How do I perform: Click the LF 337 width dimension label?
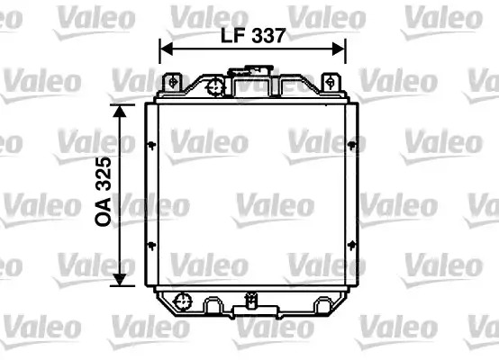click(x=253, y=36)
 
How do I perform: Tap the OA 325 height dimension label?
click(x=104, y=192)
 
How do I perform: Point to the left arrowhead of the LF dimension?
click(x=166, y=49)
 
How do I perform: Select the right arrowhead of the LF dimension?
click(x=339, y=49)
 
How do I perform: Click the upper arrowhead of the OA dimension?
click(x=120, y=111)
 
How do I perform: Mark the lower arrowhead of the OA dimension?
click(x=120, y=279)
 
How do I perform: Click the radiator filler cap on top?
click(x=250, y=70)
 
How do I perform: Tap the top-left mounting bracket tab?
click(x=172, y=83)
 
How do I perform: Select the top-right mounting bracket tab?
click(x=331, y=83)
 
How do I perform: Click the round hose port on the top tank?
click(x=215, y=86)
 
